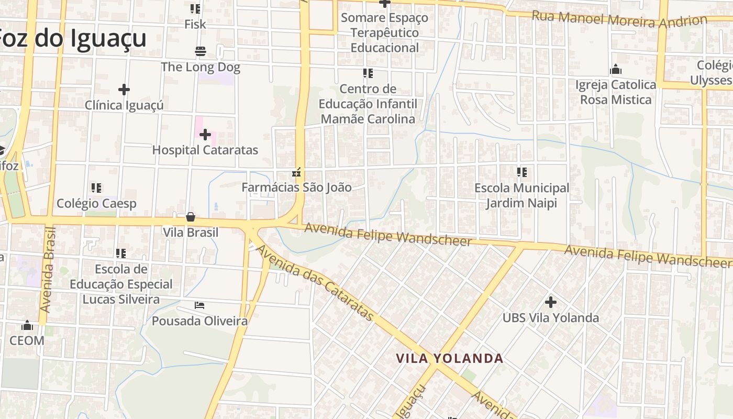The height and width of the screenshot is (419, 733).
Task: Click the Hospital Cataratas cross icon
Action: point(205,135)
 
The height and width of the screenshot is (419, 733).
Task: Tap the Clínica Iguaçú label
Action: point(124,105)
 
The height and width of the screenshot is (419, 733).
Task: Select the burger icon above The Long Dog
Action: point(201,51)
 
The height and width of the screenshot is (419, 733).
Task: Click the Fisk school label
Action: point(195,24)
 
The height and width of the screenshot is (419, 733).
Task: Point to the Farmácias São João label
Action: point(296,187)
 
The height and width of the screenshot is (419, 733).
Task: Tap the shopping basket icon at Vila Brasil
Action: point(191,217)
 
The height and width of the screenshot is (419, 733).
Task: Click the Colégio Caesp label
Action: point(96,204)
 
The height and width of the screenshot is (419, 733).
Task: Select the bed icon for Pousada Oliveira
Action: point(199,305)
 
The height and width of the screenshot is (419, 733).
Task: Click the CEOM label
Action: point(27,340)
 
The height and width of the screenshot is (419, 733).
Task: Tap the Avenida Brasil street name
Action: point(49,270)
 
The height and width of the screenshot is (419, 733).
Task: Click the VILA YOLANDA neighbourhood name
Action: point(449,359)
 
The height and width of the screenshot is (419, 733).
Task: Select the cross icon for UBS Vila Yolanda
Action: point(550,302)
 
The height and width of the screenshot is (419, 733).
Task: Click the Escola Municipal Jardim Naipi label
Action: point(521,195)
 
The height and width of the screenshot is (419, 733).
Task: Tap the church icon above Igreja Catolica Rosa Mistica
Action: point(615,70)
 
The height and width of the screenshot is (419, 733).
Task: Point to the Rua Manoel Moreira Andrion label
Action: point(619,19)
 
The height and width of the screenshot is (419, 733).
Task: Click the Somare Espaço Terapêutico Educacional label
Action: point(385,32)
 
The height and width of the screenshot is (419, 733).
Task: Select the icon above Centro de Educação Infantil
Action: point(368,73)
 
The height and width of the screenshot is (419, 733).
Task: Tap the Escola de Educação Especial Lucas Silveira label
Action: point(121,284)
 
